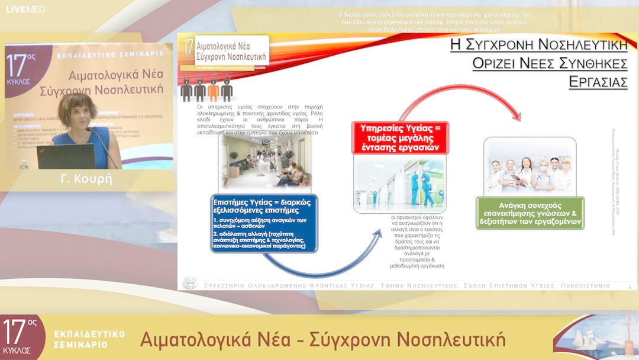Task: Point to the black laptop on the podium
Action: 65,157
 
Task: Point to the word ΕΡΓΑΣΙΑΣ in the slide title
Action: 598,82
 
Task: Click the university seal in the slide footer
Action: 190,283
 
